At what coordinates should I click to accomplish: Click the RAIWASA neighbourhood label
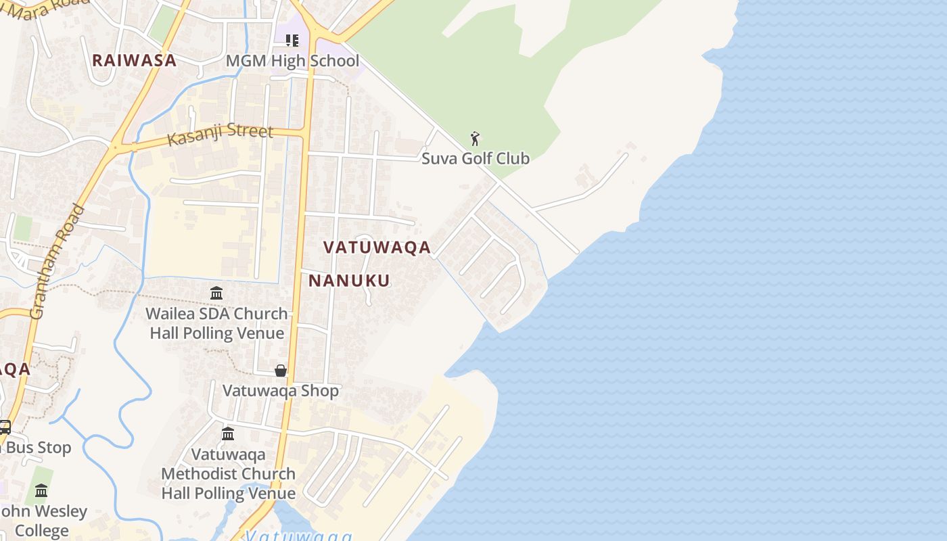(134, 60)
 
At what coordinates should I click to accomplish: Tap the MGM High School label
(292, 61)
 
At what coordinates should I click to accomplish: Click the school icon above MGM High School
(292, 41)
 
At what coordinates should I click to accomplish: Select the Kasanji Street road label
(221, 134)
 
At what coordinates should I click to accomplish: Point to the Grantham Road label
(58, 261)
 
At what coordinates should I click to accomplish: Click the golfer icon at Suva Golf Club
(476, 139)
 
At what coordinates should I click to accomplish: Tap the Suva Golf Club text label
(476, 159)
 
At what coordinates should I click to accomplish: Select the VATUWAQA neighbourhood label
(377, 248)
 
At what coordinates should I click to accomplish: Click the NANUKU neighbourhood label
(349, 281)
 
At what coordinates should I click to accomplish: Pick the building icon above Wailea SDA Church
(216, 293)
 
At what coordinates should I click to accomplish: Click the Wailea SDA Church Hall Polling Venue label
(217, 323)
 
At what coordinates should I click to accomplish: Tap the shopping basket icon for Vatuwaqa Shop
(281, 371)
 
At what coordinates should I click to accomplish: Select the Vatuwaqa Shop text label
(281, 391)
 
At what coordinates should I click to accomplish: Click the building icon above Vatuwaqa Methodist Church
(228, 433)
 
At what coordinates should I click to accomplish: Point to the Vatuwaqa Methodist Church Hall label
(228, 473)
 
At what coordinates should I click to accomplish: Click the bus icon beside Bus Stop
(4, 427)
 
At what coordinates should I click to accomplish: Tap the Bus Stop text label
(38, 448)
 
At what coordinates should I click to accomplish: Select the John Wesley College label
(42, 521)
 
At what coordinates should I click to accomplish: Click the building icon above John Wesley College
(41, 490)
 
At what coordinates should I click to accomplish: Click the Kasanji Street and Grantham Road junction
(117, 145)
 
